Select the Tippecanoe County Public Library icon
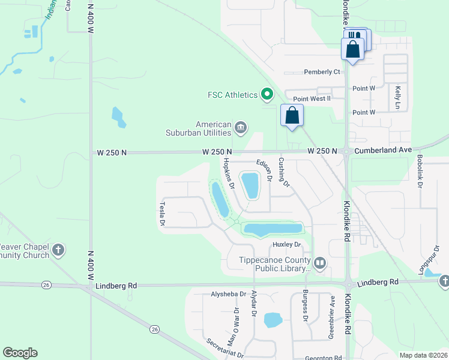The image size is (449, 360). (x=320, y=262)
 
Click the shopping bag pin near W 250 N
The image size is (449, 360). (x=292, y=115)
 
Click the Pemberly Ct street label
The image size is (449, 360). (x=322, y=72)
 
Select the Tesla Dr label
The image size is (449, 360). (x=162, y=213)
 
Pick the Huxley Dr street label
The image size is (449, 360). (x=286, y=244)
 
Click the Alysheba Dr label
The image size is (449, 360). (x=229, y=294)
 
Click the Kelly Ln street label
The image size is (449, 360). (x=397, y=97)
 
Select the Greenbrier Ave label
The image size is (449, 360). (x=332, y=317)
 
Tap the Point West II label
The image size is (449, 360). (x=312, y=98)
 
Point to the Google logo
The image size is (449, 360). (x=20, y=353)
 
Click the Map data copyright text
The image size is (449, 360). (x=423, y=355)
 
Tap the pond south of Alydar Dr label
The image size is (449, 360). (x=273, y=320)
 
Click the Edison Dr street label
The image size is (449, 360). (x=265, y=170)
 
